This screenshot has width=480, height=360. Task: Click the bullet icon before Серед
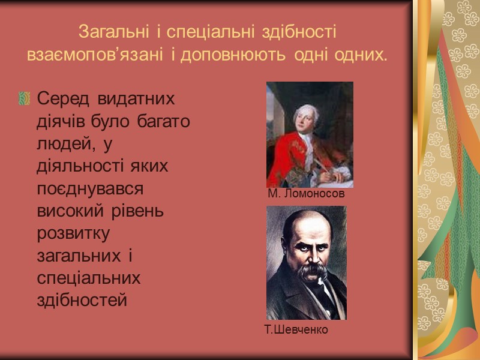[25, 98]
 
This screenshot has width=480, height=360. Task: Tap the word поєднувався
[90, 188]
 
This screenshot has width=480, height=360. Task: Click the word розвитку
[74, 235]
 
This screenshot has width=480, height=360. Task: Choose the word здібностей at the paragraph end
[82, 301]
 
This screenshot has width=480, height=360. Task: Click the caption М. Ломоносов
[306, 194]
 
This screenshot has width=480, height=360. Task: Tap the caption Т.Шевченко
[296, 329]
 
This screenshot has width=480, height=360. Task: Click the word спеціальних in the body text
[89, 279]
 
